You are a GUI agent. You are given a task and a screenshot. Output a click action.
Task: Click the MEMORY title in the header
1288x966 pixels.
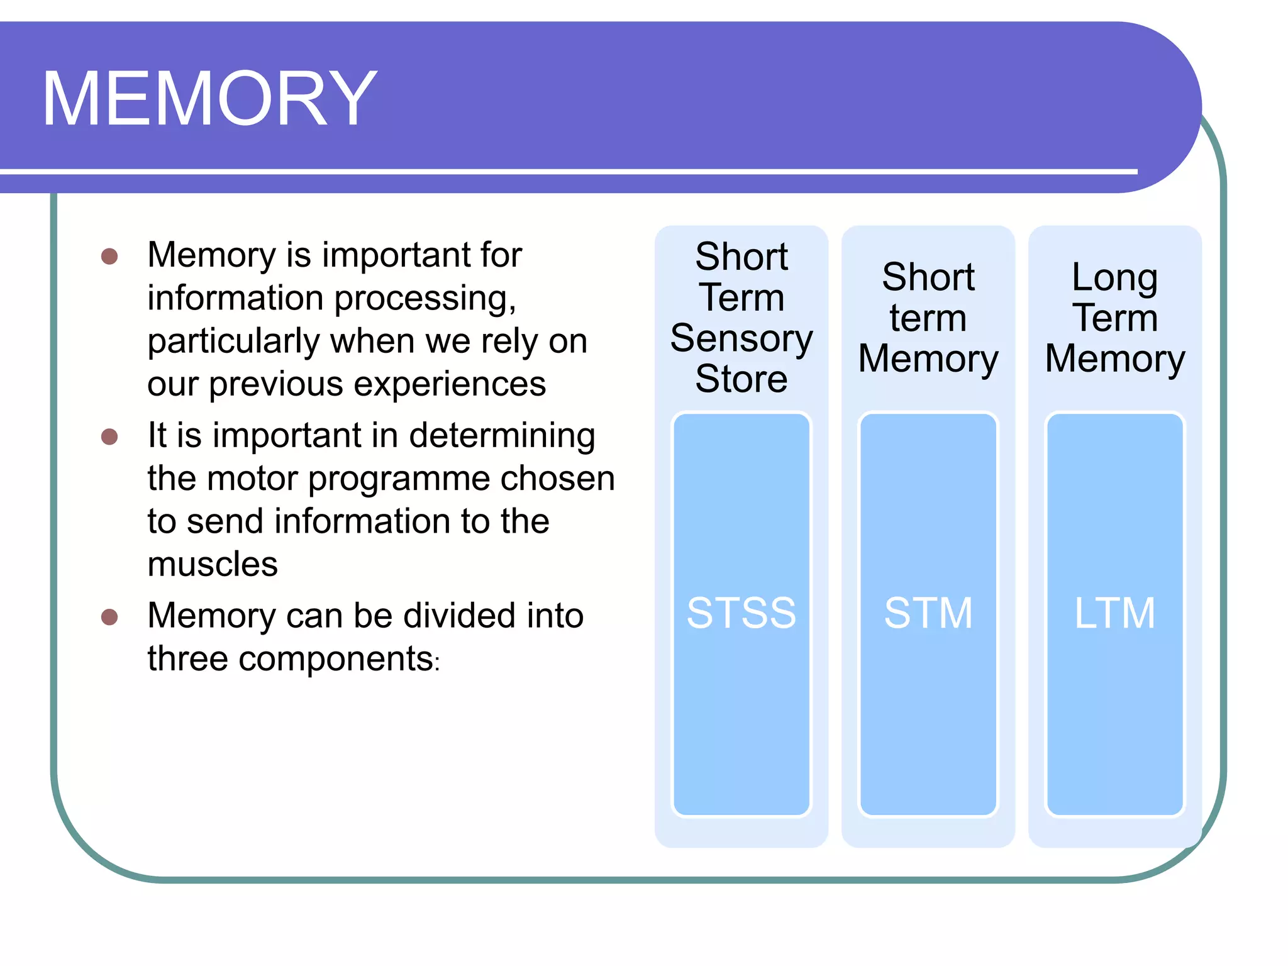tap(209, 99)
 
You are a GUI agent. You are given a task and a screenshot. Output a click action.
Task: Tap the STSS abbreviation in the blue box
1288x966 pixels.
tap(741, 613)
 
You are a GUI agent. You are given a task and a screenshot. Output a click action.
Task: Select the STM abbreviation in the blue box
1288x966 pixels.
tap(928, 613)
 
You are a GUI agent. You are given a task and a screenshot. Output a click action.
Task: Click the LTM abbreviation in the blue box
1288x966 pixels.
tap(1114, 613)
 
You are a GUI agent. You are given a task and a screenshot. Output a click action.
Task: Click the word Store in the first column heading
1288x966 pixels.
tap(741, 379)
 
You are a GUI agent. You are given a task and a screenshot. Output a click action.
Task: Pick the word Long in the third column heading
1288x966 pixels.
tap(1114, 277)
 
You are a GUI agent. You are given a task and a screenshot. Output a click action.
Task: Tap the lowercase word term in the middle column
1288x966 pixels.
tap(928, 318)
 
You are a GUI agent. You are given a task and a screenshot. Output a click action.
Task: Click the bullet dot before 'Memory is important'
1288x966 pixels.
tap(109, 256)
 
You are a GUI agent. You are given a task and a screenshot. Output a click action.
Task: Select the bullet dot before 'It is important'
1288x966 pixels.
tap(109, 436)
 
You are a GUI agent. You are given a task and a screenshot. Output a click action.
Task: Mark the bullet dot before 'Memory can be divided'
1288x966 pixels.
tap(109, 617)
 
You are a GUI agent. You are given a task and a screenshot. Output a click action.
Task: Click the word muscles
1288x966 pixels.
tap(213, 564)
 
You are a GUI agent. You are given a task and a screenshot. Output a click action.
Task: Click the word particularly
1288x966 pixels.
tap(234, 342)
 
